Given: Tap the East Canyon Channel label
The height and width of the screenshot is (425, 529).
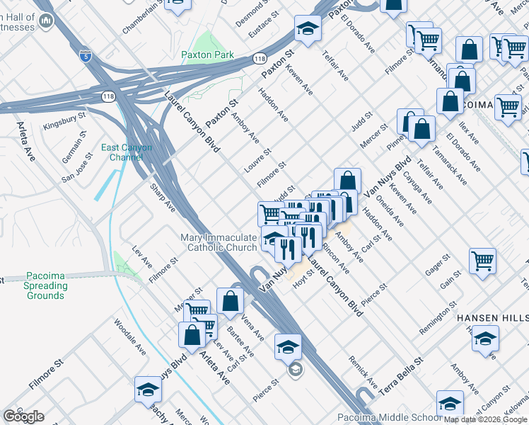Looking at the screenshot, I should [x=126, y=152].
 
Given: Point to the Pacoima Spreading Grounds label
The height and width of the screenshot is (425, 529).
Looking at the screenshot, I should [x=46, y=285].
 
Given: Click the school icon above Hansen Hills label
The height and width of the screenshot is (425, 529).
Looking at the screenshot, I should [x=485, y=338].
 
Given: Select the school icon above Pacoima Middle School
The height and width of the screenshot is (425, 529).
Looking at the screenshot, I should [x=450, y=403].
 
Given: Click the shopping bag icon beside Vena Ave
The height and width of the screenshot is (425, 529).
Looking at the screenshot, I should [x=231, y=300].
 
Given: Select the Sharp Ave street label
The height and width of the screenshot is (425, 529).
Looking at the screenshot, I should [x=162, y=199].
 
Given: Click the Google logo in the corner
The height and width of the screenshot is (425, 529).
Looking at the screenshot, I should [x=23, y=416].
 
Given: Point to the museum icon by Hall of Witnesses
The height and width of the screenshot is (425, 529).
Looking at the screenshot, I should [x=47, y=21].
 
